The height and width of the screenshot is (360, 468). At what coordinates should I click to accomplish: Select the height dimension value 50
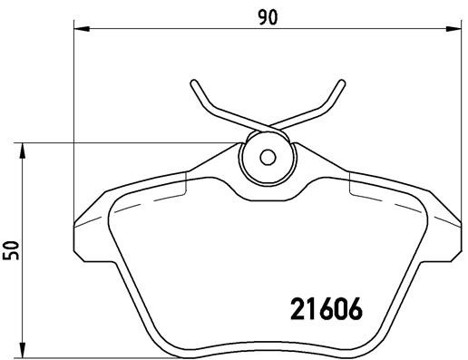point(12,249)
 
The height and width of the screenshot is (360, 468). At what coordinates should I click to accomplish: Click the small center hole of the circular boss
point(267,155)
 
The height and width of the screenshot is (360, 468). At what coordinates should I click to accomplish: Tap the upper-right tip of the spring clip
point(341,83)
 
